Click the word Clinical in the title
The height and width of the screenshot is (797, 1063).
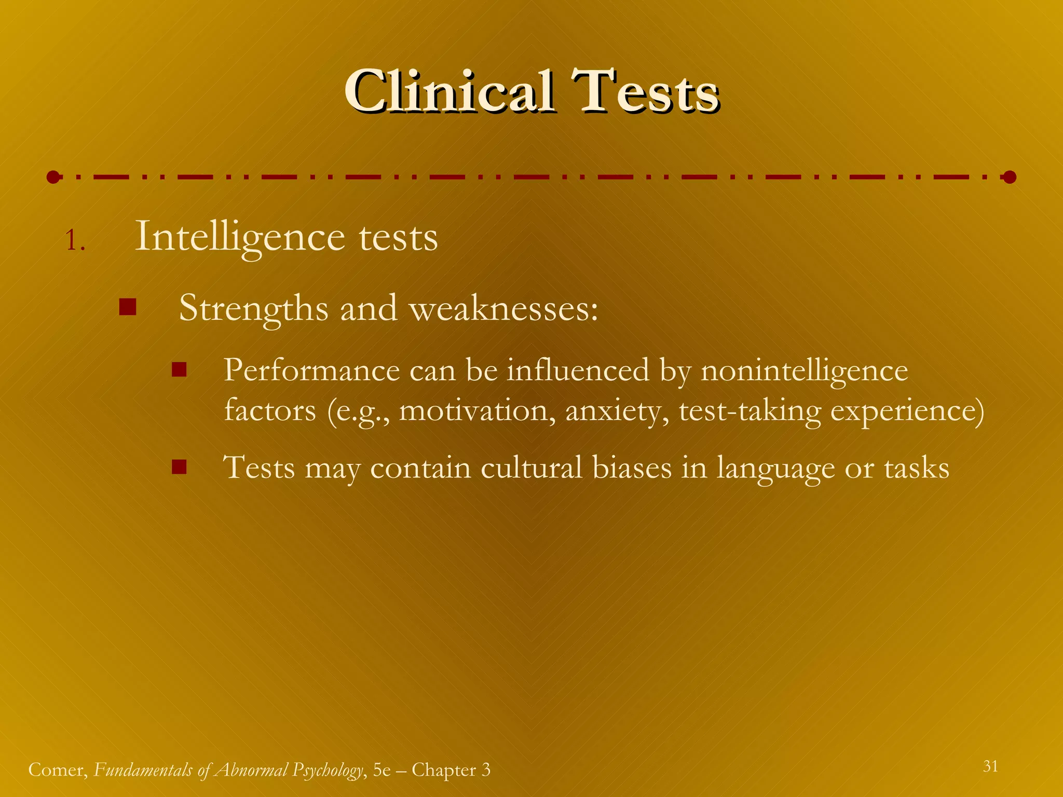(x=449, y=92)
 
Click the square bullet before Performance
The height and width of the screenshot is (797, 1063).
(x=179, y=369)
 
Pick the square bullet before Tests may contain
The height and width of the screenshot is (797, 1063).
(x=179, y=467)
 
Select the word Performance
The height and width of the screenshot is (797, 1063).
(x=311, y=370)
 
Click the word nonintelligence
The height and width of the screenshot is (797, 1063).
(x=804, y=372)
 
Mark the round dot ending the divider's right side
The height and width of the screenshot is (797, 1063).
(x=1009, y=177)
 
